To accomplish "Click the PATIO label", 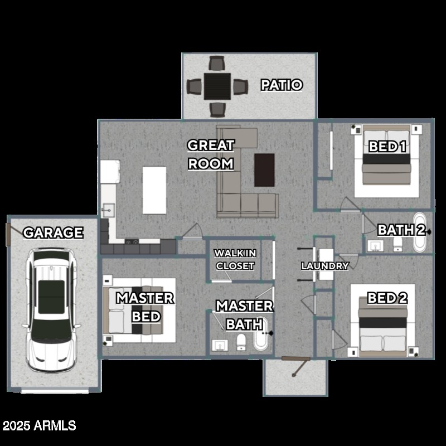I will click(282, 85).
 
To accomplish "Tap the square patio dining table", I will click(217, 86).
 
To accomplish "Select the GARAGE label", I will click(53, 232).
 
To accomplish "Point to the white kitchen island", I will click(154, 190).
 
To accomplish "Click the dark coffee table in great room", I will click(264, 170).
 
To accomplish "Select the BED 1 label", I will click(387, 147).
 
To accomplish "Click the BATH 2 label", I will click(402, 230).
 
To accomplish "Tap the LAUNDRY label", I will click(325, 266).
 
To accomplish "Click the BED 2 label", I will click(387, 298).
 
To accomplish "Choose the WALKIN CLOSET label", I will click(235, 260).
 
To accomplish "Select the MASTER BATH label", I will click(244, 315).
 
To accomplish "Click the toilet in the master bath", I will click(241, 341).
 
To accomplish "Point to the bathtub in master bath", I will click(261, 334).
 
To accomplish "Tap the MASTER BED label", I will click(145, 307).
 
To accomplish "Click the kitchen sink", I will click(108, 211).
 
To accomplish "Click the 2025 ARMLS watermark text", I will click(39, 426).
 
